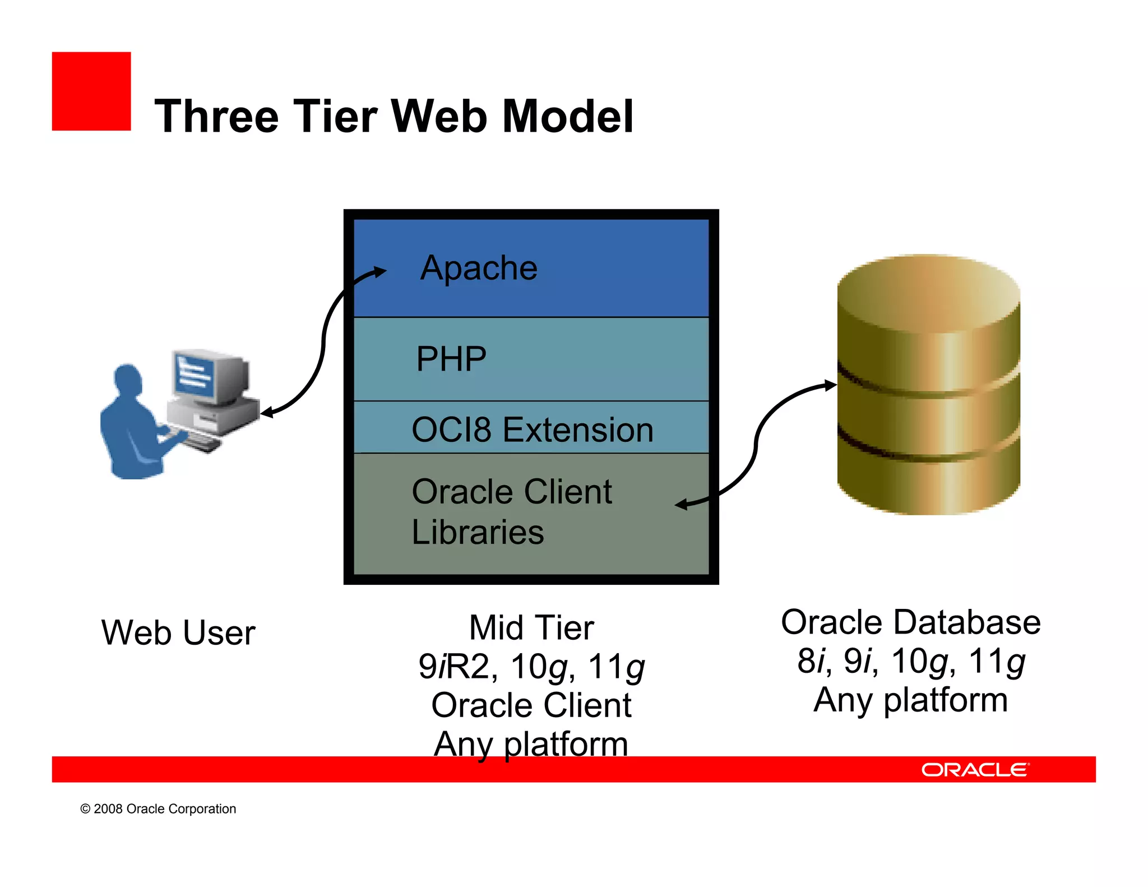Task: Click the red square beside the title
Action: coord(91,91)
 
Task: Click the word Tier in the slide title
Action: coord(335,116)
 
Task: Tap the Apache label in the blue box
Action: coord(479,268)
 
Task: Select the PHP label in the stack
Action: coord(451,359)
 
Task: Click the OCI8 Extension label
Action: coord(532,430)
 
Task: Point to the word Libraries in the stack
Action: coord(478,532)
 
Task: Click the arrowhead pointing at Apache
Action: coord(381,272)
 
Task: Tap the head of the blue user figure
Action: coord(128,378)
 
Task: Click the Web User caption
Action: coord(178,632)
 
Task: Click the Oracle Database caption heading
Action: coord(910,622)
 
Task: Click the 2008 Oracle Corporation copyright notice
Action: coord(158,809)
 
